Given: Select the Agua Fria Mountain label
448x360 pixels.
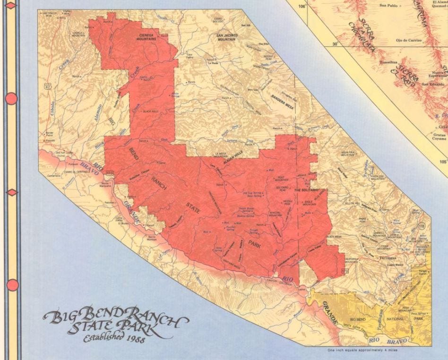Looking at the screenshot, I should pyautogui.click(x=348, y=154).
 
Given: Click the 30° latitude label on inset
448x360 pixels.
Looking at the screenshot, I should pyautogui.click(x=336, y=44).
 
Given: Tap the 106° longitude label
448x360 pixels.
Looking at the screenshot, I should pyautogui.click(x=302, y=6).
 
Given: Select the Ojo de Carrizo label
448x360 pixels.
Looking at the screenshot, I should pyautogui.click(x=409, y=41).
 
